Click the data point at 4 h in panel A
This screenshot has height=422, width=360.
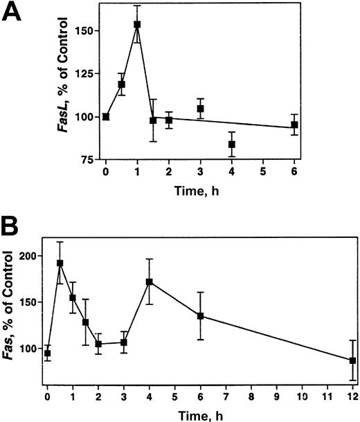tap(232, 145)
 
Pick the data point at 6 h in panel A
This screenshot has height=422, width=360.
tap(294, 125)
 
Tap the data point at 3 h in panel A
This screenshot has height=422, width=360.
tap(201, 109)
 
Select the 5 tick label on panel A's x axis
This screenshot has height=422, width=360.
tap(263, 170)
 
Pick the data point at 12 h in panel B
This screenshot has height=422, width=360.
tap(352, 360)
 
